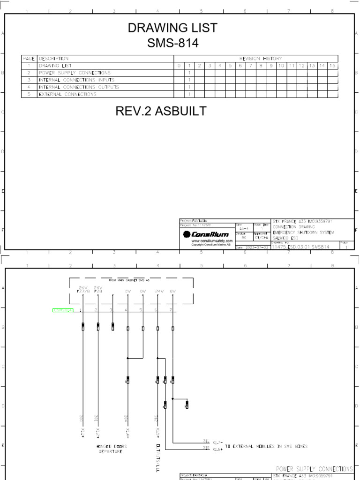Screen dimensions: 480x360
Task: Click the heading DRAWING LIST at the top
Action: click(172, 28)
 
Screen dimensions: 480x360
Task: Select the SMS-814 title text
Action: click(172, 44)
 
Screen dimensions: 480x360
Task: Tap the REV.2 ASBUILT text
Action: click(161, 111)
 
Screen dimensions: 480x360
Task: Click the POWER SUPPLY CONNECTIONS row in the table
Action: click(75, 73)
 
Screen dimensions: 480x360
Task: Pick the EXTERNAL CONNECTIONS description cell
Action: click(68, 94)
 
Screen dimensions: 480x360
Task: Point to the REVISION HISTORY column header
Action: click(261, 59)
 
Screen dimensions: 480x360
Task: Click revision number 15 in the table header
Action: click(332, 66)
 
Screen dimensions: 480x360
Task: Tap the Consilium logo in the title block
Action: click(206, 234)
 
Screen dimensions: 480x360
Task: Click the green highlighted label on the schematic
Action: click(63, 310)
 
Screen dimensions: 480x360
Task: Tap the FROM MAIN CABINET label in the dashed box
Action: click(129, 280)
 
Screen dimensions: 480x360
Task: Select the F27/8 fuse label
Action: click(82, 292)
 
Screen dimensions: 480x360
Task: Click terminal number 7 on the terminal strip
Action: click(171, 310)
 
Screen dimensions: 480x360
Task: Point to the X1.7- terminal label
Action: click(217, 442)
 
